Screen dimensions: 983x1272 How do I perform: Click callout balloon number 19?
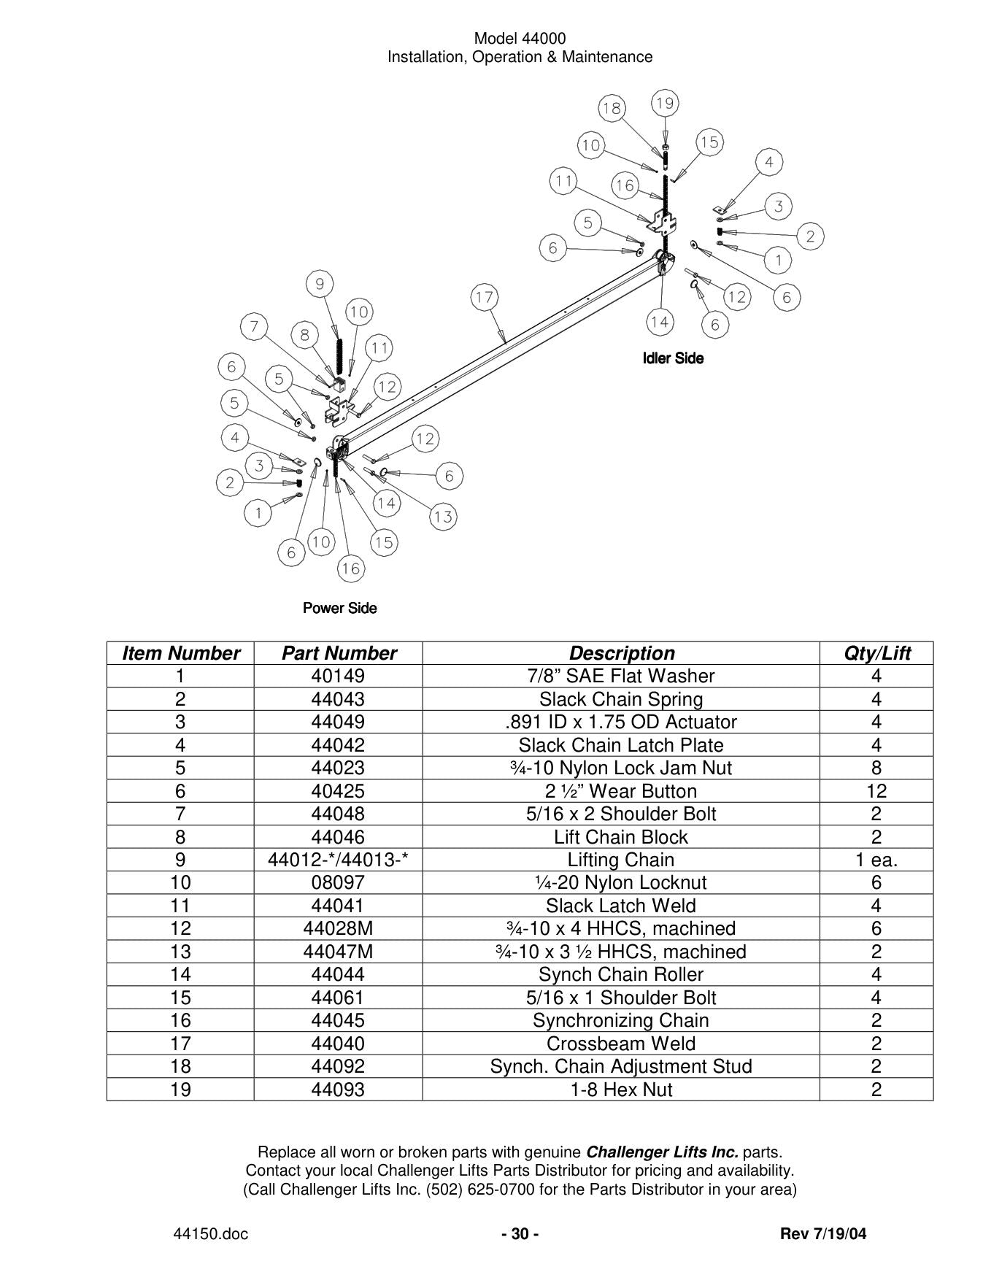pos(664,104)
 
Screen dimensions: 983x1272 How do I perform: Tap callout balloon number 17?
pos(484,297)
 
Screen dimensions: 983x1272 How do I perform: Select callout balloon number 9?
pos(320,283)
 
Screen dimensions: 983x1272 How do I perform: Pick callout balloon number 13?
pos(443,517)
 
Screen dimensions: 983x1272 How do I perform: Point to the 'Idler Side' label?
pos(673,358)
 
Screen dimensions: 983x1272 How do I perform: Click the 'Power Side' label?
pos(340,608)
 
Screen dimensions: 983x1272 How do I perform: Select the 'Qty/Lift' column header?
pos(876,653)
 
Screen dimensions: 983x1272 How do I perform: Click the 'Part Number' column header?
pos(339,653)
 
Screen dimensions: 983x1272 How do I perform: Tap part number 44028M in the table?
pos(338,928)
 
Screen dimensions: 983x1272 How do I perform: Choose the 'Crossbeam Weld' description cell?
pos(621,1044)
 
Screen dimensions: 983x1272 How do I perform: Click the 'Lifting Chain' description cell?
pos(621,860)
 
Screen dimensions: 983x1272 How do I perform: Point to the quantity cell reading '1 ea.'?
pos(876,860)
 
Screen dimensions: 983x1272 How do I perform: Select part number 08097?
pos(338,882)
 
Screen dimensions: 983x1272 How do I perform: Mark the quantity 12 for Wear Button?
pos(876,791)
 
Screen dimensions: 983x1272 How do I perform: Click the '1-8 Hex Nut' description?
pos(621,1090)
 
